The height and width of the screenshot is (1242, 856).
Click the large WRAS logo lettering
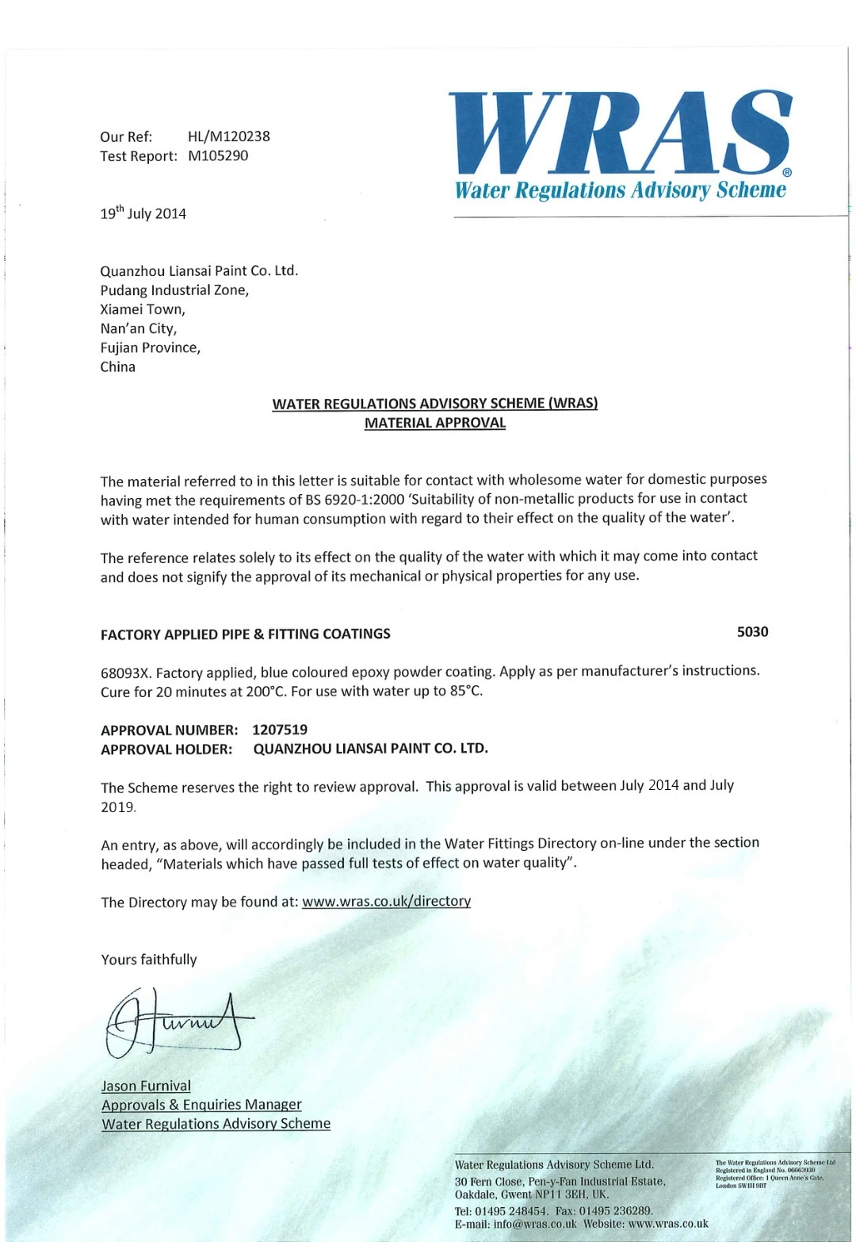click(621, 132)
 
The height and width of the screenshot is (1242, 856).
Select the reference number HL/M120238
click(228, 136)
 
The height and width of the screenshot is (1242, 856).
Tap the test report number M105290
click(218, 156)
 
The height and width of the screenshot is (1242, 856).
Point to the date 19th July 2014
click(143, 213)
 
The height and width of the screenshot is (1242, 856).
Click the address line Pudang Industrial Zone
click(174, 290)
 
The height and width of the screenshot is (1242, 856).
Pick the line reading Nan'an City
click(138, 328)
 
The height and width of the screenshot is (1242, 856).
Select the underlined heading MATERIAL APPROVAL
click(434, 423)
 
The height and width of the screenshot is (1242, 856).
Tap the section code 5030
click(752, 632)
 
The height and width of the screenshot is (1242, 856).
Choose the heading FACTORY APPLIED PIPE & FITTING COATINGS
click(246, 634)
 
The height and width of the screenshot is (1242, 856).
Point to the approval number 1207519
click(280, 730)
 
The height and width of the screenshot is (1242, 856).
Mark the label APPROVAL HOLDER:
click(166, 749)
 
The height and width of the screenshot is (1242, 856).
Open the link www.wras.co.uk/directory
click(386, 901)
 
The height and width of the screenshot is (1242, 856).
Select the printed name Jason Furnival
click(146, 1086)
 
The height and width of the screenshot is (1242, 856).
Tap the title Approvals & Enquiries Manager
click(201, 1105)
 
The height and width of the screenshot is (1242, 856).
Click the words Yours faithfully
click(149, 960)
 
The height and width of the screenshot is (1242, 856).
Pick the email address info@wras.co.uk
click(535, 1224)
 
